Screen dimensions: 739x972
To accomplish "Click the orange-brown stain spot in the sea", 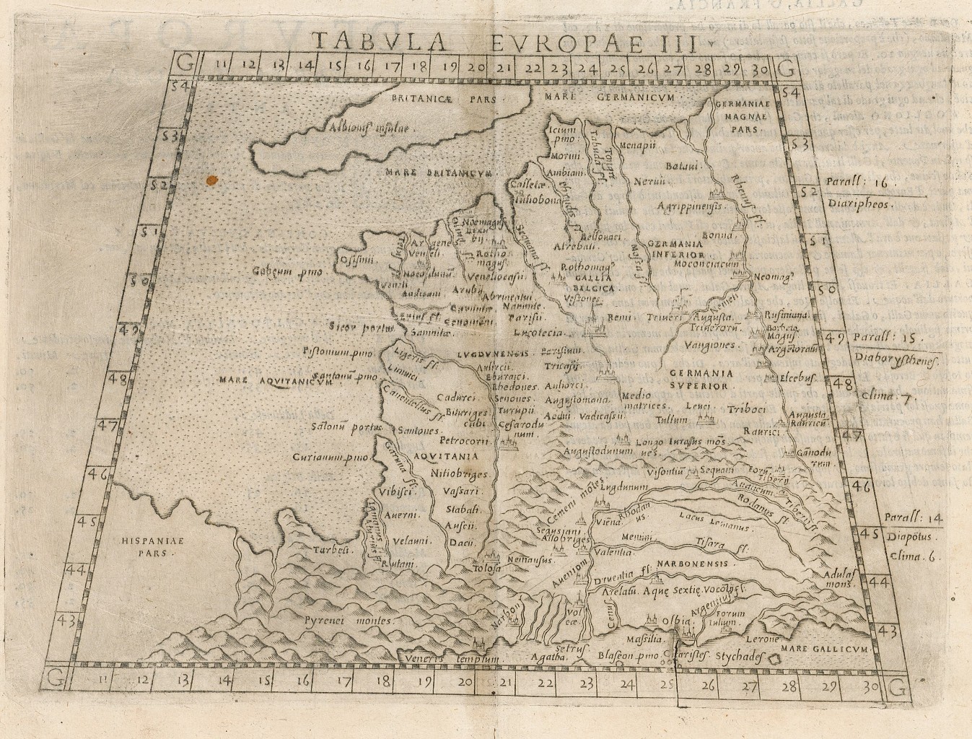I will coord(211,179).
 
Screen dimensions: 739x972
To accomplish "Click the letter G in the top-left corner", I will coord(185,68).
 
